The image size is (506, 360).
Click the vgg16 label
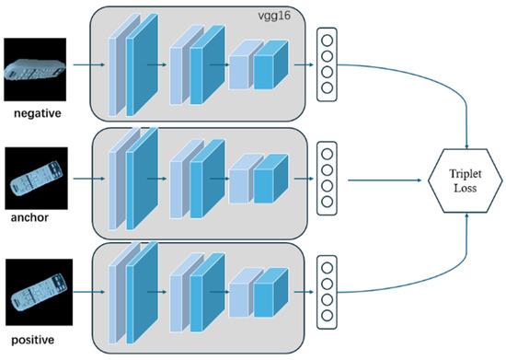click(274, 16)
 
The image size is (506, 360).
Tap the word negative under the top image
click(38, 113)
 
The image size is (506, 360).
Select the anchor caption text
click(29, 217)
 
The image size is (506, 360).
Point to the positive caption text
click(32, 340)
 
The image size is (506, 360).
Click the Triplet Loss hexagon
click(465, 180)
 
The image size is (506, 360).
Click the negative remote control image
click(35, 69)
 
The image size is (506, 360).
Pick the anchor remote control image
click(36, 179)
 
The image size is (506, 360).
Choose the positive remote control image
click(39, 292)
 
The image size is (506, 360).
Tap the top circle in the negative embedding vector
click(327, 41)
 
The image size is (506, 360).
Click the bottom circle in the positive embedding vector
click(327, 316)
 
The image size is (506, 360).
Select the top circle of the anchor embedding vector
click(327, 154)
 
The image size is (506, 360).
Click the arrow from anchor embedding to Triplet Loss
click(385, 180)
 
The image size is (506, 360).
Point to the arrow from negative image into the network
click(89, 64)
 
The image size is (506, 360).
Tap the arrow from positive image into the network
click(89, 292)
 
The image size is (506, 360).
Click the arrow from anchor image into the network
click(89, 179)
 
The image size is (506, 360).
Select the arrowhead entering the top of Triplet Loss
click(466, 146)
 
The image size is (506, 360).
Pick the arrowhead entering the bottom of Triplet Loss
click(466, 215)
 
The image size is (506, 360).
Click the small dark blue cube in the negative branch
click(270, 64)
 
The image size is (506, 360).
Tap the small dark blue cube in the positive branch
click(270, 292)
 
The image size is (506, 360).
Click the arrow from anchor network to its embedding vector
click(304, 179)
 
